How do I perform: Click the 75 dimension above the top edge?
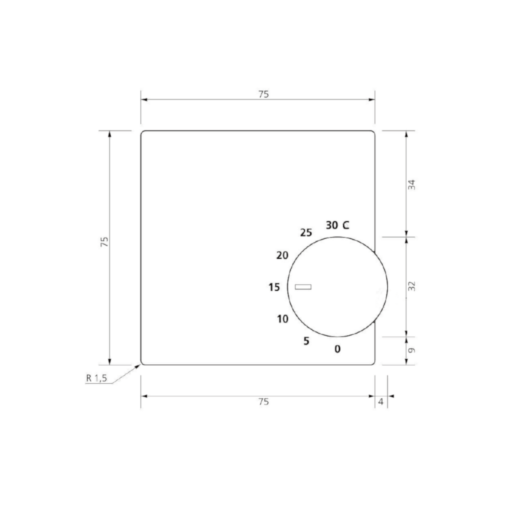[x=263, y=95]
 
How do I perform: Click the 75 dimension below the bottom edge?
[x=263, y=402]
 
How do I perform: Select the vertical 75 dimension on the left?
[x=105, y=242]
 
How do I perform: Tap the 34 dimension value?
[x=412, y=185]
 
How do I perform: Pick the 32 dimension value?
[x=412, y=286]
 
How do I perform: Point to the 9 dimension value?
[x=412, y=350]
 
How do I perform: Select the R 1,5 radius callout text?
[x=97, y=378]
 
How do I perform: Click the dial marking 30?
[x=332, y=225]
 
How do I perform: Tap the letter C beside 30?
[x=346, y=225]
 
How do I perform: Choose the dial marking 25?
[x=306, y=233]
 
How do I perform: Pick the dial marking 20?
[x=282, y=256]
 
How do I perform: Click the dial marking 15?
[x=274, y=287]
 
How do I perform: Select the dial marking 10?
[x=283, y=319]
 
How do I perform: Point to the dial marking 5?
[x=306, y=341]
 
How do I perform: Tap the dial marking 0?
[x=338, y=349]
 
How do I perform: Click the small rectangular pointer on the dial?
[x=303, y=287]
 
